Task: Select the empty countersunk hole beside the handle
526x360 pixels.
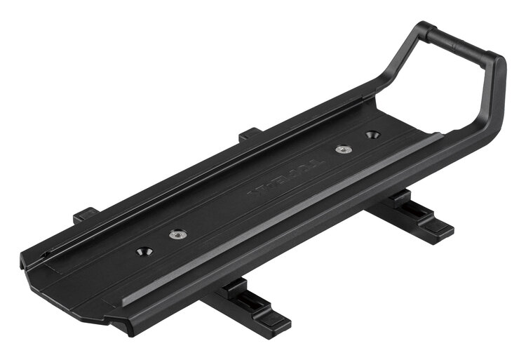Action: (x=372, y=134)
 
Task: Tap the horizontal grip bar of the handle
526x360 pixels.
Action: (x=462, y=42)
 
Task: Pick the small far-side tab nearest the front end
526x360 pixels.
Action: (x=83, y=213)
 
